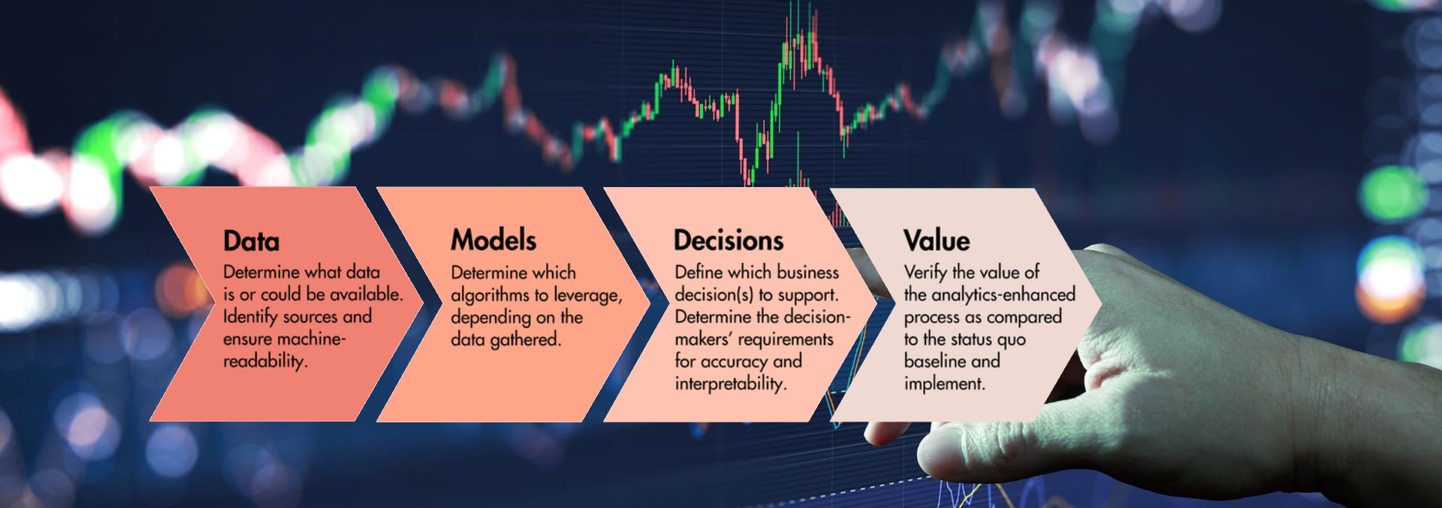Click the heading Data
coord(252,241)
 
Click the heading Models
coord(493,240)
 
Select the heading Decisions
coord(729,240)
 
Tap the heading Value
coord(937,240)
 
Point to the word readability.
coord(265,361)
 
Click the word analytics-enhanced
coord(1003,295)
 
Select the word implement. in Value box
coord(945,383)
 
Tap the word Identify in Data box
coord(250,317)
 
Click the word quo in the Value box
coord(1011,340)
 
